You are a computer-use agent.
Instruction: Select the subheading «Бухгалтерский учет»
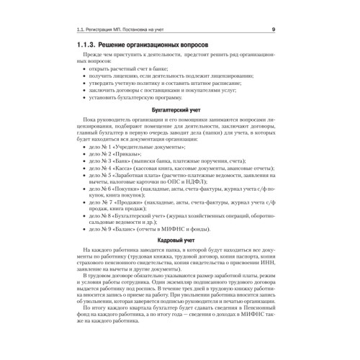[x=179, y=106]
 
